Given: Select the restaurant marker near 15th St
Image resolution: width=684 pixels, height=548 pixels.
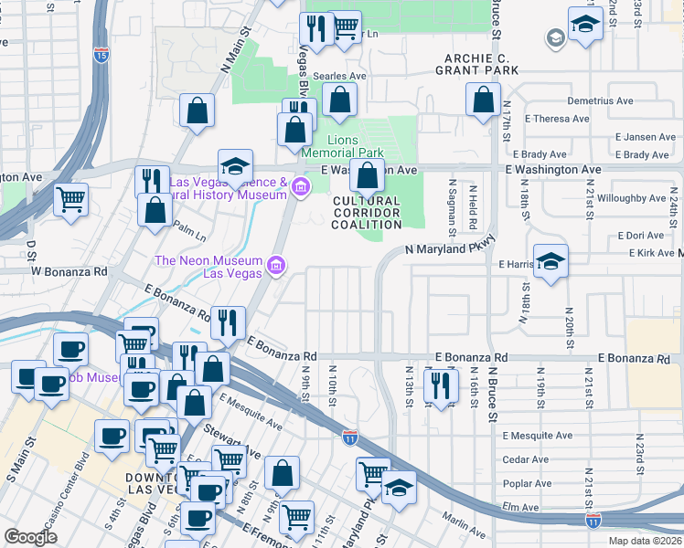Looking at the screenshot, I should click(x=440, y=385).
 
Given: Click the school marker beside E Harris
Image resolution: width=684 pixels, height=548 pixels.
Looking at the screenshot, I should click(x=550, y=261).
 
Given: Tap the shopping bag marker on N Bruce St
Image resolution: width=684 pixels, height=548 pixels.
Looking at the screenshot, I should click(x=483, y=99).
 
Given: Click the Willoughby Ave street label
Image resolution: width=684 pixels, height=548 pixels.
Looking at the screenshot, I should click(x=631, y=197).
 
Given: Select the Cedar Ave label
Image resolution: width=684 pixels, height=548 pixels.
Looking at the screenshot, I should click(x=526, y=459).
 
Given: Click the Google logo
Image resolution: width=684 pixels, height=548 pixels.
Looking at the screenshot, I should click(x=31, y=537).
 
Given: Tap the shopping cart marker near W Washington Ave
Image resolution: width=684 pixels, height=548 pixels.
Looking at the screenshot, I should click(x=70, y=199).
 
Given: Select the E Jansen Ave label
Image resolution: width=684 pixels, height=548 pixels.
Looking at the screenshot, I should click(x=645, y=137).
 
